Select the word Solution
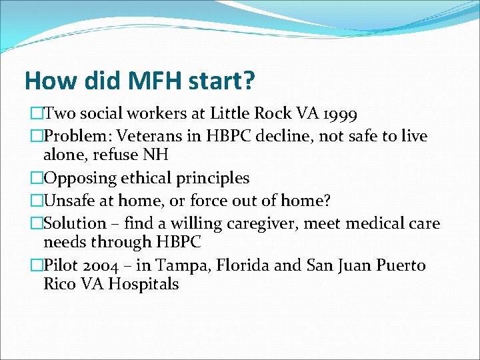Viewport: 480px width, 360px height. (x=74, y=223)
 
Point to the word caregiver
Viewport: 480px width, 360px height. (x=258, y=223)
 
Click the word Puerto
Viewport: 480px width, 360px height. (x=399, y=265)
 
